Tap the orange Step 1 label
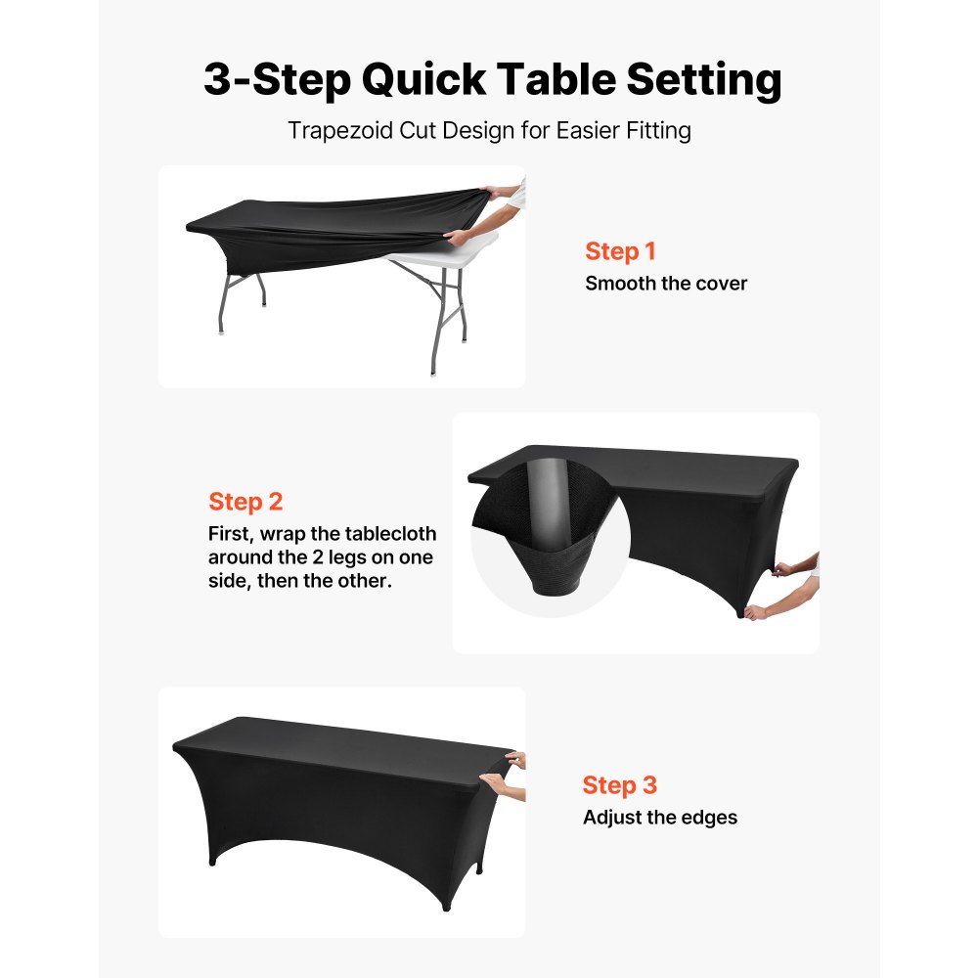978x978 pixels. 620,251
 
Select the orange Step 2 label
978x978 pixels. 245,502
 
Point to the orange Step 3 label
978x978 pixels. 620,784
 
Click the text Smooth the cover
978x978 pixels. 666,284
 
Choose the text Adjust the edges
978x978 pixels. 660,817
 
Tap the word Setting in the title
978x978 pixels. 704,79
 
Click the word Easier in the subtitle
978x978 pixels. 586,131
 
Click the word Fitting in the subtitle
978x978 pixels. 659,131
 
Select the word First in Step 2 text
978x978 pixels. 233,534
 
